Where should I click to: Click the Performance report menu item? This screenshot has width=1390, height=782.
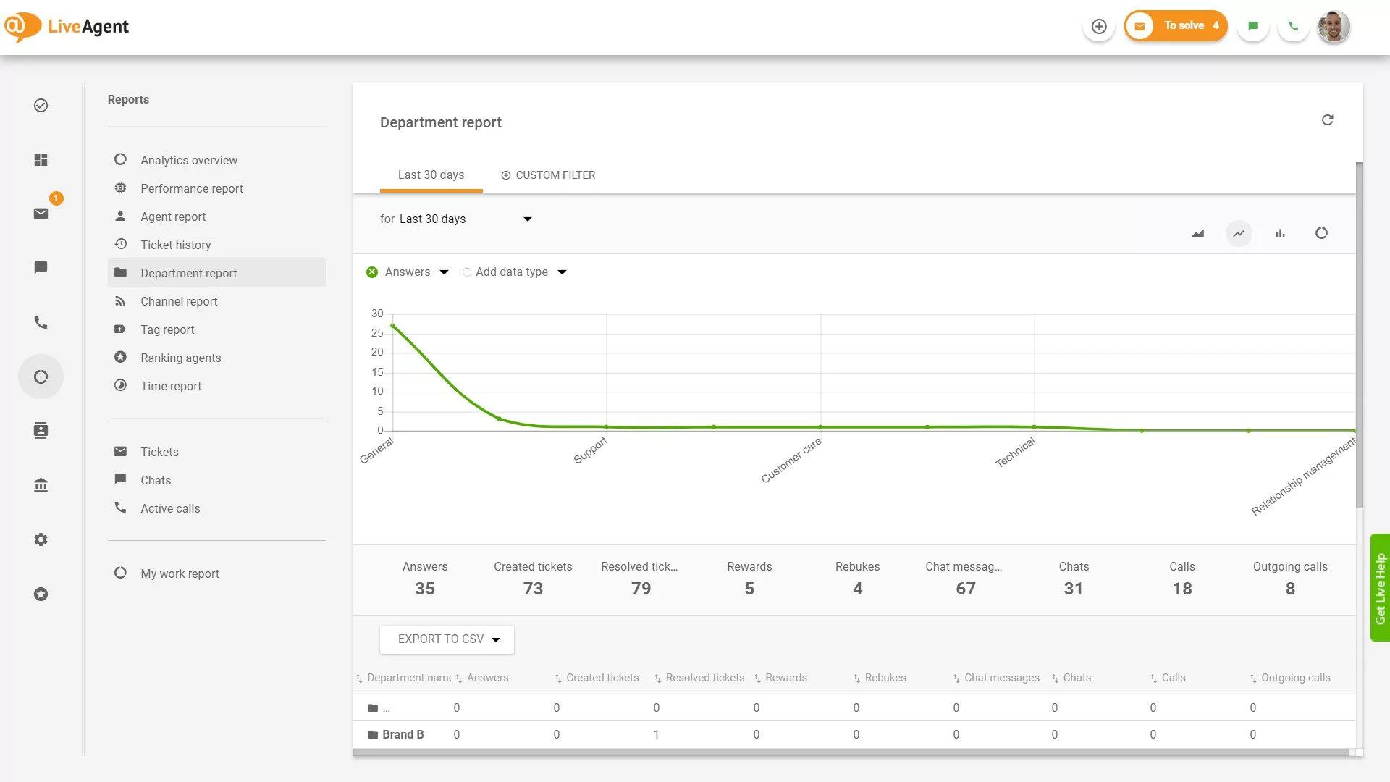191,188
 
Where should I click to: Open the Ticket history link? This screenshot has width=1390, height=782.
175,245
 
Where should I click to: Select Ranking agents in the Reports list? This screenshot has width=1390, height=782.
180,358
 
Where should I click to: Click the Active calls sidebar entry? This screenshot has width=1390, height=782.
169,508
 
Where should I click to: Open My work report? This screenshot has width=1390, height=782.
180,573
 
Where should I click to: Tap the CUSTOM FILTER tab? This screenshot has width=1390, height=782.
548,175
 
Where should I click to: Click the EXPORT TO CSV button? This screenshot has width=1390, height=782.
447,639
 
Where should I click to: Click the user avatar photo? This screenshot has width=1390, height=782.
1333,27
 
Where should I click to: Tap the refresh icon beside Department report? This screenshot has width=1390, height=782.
1327,120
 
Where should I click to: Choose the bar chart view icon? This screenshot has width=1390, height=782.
1280,233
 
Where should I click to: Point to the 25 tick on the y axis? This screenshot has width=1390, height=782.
377,333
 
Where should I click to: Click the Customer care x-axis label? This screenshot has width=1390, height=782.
791,460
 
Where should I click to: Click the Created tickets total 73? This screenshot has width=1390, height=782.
533,589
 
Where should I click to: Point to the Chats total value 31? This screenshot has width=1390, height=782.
1073,589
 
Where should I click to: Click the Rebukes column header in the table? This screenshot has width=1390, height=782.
885,678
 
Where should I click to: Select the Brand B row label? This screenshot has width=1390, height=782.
403,734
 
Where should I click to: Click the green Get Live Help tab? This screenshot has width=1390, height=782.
1380,587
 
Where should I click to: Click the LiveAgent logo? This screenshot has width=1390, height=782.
67,27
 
